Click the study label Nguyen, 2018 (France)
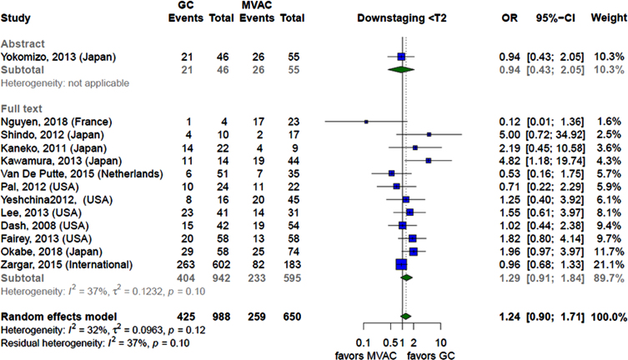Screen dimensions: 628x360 (x=57, y=122)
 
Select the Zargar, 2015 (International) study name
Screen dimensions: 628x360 (x=67, y=265)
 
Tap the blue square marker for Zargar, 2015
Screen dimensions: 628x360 (x=401, y=264)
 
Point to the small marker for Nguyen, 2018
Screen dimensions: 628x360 (x=366, y=122)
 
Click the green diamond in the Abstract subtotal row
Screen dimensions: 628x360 (x=401, y=70)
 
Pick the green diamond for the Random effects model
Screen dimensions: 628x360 (x=405, y=317)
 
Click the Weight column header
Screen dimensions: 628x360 (x=609, y=18)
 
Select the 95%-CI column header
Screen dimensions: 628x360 (x=555, y=18)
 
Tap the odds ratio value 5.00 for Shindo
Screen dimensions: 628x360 (x=510, y=135)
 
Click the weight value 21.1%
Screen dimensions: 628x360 (x=609, y=265)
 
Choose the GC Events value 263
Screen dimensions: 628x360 (x=186, y=265)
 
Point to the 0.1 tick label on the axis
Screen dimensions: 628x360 (x=363, y=342)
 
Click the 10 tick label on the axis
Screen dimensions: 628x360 (x=440, y=342)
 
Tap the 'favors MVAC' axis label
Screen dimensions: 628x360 (x=365, y=356)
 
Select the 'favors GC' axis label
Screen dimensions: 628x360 (x=431, y=356)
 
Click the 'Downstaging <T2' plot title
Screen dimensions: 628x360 (x=402, y=18)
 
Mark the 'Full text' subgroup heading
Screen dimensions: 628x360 (x=22, y=109)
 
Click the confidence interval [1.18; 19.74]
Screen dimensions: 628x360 (x=555, y=161)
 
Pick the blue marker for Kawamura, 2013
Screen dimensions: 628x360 (x=429, y=160)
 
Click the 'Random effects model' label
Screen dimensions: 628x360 (x=59, y=317)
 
